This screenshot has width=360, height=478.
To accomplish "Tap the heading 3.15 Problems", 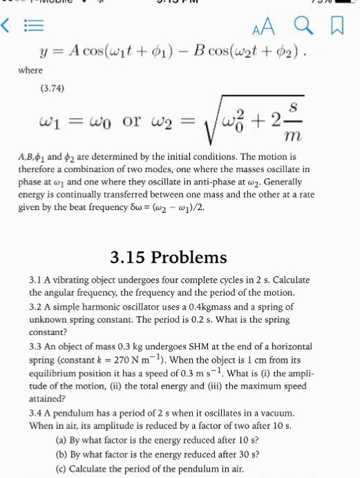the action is pyautogui.click(x=168, y=258).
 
